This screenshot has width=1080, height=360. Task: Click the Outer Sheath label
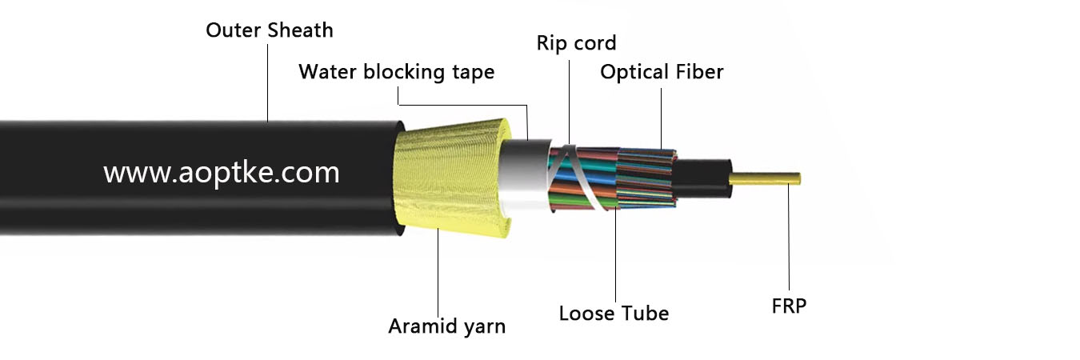coord(269,31)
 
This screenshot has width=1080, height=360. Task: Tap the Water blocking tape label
coord(396,72)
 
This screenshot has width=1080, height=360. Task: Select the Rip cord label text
coord(576,42)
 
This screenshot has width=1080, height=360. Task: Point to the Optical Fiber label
coord(662,72)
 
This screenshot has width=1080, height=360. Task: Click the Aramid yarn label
coord(446,326)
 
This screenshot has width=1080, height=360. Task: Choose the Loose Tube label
coord(614,313)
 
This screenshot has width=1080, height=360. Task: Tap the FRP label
coord(788,306)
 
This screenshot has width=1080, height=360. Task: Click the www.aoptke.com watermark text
coord(222,173)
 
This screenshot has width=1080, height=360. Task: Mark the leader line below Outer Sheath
coord(268,80)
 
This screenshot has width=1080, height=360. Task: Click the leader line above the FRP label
coord(788,240)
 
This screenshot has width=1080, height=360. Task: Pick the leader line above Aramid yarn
coord(439,272)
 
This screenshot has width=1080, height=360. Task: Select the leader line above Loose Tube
coord(615,256)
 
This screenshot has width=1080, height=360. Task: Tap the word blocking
coord(403,72)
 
